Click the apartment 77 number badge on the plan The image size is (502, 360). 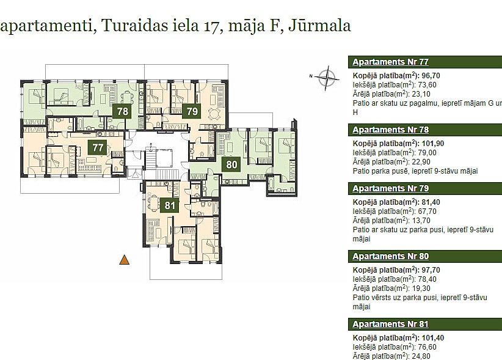point(98,147)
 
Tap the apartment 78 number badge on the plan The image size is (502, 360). point(123,111)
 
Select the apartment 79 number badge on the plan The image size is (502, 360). point(192,111)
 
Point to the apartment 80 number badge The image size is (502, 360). point(231,164)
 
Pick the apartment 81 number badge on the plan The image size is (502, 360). point(169,205)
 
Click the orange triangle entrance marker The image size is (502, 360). point(124,260)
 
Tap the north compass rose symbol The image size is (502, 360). point(326,77)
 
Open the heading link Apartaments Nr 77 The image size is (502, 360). point(390,62)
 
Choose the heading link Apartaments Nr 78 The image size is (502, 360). point(390,130)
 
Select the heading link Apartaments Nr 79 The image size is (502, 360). point(390,188)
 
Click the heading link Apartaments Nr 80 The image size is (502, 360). point(390,256)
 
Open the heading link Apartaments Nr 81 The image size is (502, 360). point(390,324)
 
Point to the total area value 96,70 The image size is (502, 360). point(431,76)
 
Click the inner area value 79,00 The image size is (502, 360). point(427,153)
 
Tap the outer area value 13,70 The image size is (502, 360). point(421,221)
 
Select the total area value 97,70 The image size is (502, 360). point(431,270)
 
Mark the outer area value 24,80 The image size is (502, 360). point(421,356)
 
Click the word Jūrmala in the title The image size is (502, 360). point(319,26)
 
